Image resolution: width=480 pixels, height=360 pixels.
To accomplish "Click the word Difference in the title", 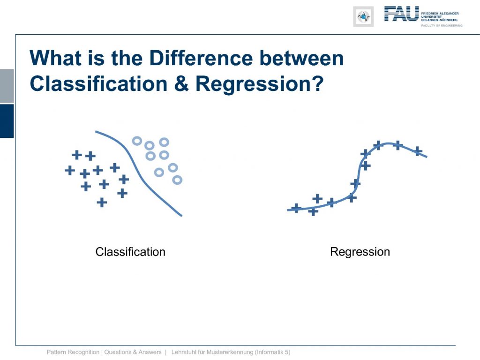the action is coord(201,58).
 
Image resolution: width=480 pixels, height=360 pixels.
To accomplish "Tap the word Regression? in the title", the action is coord(259,83).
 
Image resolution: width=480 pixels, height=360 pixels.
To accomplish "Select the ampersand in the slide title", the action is coord(181,83).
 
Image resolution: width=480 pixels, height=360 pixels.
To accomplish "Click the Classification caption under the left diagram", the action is coord(130,252).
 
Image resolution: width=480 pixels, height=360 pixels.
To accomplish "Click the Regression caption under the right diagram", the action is coord(360,252).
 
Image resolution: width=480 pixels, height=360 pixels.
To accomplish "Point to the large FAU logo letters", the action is coord(402,14).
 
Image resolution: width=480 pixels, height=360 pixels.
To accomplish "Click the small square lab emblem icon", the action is coord(363,16).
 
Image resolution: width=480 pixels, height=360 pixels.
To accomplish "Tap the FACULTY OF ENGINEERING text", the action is coord(442,26).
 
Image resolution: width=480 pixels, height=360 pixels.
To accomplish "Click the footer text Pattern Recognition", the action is coord(73,352).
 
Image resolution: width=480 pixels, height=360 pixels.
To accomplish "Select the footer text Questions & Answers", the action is coord(133,352).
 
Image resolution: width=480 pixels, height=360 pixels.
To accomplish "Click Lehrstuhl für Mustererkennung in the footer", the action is coord(212,352).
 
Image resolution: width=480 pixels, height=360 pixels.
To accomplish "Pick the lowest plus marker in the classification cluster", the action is coord(102,202).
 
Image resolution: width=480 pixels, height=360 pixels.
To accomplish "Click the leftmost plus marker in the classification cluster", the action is coord(70,170).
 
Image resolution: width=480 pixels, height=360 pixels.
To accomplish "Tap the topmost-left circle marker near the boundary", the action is coord(137,141).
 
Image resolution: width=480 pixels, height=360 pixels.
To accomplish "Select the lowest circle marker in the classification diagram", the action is coord(177,180).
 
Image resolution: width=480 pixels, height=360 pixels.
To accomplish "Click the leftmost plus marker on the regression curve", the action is coord(296,208).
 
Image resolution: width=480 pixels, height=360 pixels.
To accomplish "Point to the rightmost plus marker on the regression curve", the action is coord(418,151).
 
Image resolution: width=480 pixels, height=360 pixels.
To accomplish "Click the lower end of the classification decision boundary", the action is coord(182,216).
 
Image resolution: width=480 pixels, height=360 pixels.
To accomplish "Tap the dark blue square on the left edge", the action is coord(7,121).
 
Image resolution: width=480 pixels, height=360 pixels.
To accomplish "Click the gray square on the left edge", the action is coord(7,86).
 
